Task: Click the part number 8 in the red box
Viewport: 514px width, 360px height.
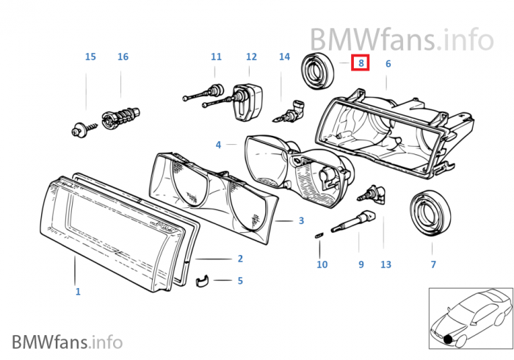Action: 360,64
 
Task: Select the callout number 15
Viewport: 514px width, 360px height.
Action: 90,57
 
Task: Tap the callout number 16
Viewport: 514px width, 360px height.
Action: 123,57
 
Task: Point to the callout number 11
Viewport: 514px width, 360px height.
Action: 216,57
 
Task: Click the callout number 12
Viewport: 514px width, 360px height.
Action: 251,57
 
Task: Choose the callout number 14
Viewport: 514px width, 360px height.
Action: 285,57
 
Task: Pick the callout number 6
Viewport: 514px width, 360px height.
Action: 388,64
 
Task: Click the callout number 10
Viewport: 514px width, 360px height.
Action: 322,264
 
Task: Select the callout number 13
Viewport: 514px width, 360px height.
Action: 386,264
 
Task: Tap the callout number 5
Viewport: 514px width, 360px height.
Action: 240,281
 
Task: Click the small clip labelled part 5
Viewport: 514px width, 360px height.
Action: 207,281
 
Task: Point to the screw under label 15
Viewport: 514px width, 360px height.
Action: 80,131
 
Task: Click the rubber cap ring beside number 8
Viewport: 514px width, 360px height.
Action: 319,71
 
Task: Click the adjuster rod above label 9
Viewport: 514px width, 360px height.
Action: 355,220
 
